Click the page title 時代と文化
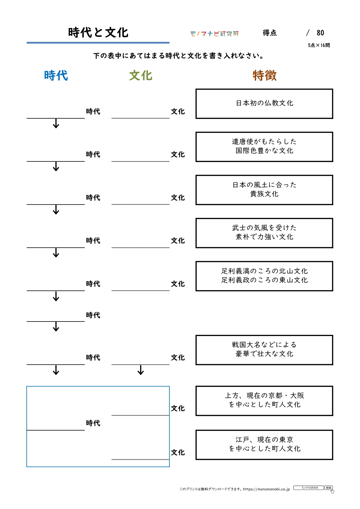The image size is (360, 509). pos(98,33)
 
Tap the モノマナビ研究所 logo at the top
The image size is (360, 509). pos(214,34)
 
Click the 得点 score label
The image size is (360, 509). pos(269,33)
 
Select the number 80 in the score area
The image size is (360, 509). pos(320,33)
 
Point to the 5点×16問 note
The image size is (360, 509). pos(319,45)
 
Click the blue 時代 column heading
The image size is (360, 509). pos(56,75)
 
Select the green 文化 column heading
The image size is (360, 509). pos(141,75)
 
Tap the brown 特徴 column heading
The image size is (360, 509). pos(265,75)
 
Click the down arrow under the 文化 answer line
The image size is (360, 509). pos(141,370)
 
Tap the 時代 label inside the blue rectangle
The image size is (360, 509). pos(93,423)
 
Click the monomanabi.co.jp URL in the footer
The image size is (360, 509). pos(266,489)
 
